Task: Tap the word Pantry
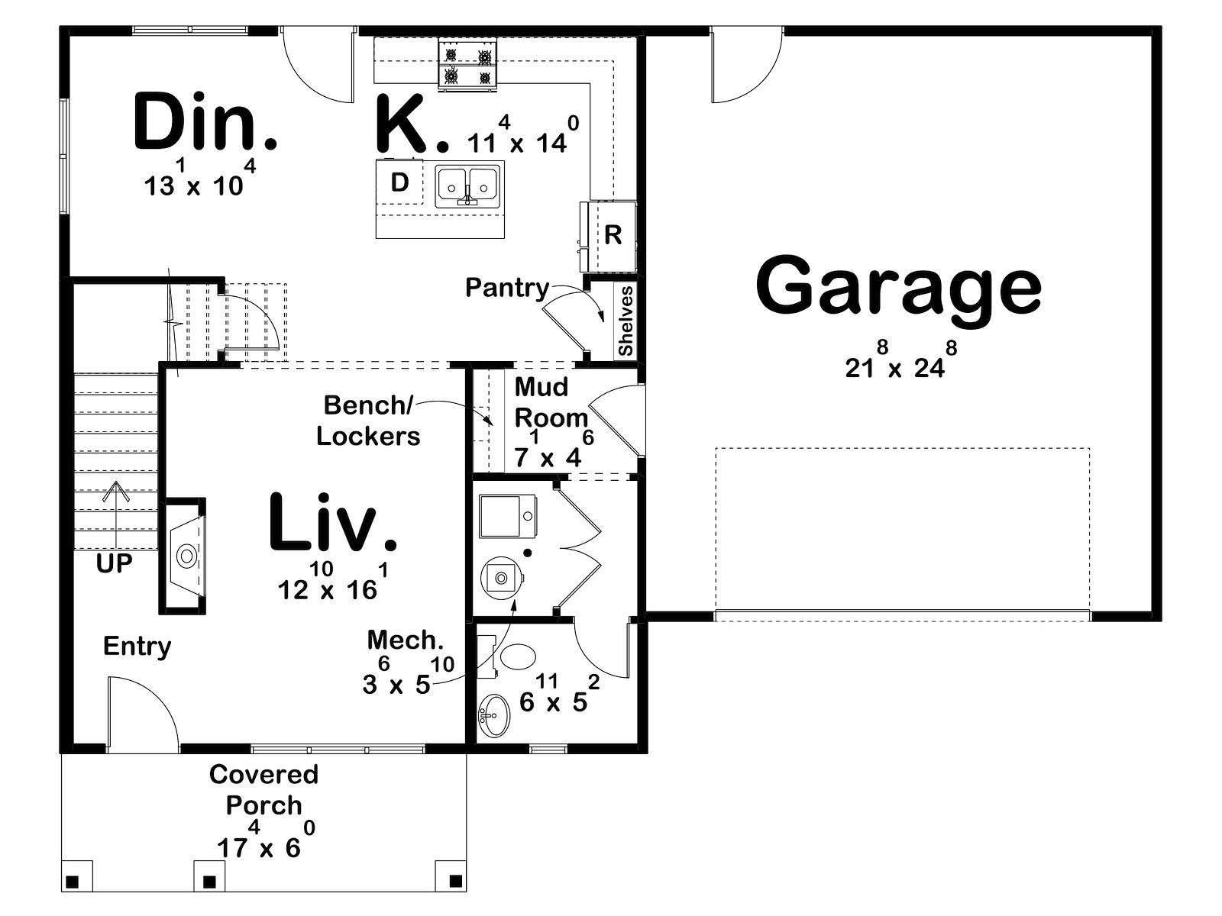click(x=507, y=288)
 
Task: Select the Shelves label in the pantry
click(x=626, y=321)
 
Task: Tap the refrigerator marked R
click(x=609, y=236)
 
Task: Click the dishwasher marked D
click(x=399, y=182)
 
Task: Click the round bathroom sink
click(x=494, y=714)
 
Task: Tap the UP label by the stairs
click(x=114, y=564)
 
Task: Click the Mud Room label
click(x=550, y=402)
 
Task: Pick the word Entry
click(x=137, y=647)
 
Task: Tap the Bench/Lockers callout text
click(x=368, y=421)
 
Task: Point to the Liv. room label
click(x=333, y=522)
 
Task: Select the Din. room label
click(x=205, y=122)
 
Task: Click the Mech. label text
click(x=405, y=640)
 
